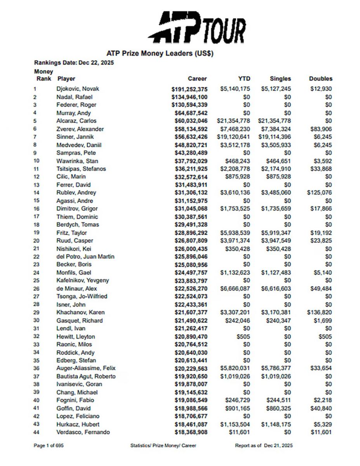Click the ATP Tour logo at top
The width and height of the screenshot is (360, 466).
click(197, 27)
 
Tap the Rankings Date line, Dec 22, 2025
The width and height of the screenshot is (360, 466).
click(74, 63)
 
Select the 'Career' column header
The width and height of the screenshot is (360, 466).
click(197, 78)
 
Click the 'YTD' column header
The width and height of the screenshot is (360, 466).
click(244, 78)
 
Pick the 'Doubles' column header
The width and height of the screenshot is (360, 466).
click(320, 78)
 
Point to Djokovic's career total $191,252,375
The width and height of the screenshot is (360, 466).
click(190, 89)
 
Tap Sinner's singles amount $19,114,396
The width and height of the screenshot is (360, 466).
click(274, 137)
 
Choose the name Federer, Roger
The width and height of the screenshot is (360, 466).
click(76, 105)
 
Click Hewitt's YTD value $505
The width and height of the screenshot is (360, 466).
click(244, 337)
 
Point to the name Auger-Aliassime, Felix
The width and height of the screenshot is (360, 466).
click(86, 369)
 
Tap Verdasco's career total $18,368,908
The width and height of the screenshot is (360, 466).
click(191, 432)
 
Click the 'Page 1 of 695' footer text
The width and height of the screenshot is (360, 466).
click(49, 446)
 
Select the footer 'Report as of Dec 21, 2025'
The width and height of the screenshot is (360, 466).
click(264, 446)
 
